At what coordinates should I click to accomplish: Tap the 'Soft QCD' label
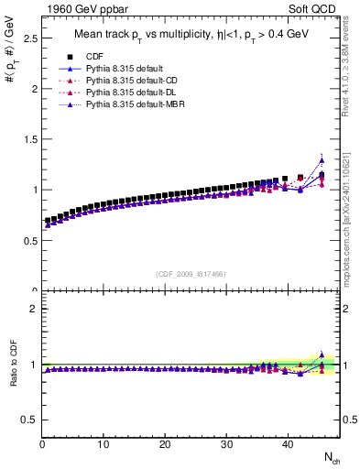point(316,9)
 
